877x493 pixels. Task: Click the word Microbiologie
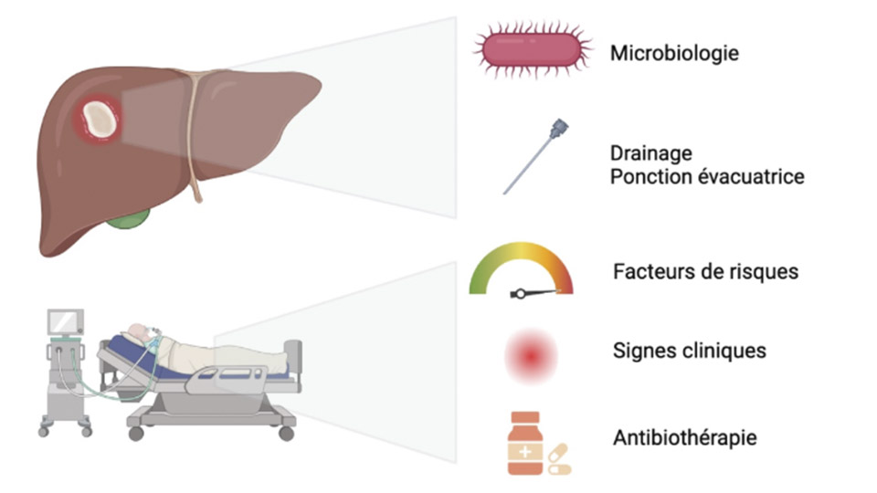click(674, 54)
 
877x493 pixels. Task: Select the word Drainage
click(651, 153)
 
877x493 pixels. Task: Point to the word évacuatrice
click(754, 175)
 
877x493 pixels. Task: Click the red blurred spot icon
click(531, 355)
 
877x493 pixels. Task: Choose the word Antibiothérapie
click(685, 438)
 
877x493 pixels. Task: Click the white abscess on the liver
click(99, 120)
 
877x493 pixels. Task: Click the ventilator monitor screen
click(67, 322)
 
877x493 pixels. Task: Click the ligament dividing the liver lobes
click(193, 137)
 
